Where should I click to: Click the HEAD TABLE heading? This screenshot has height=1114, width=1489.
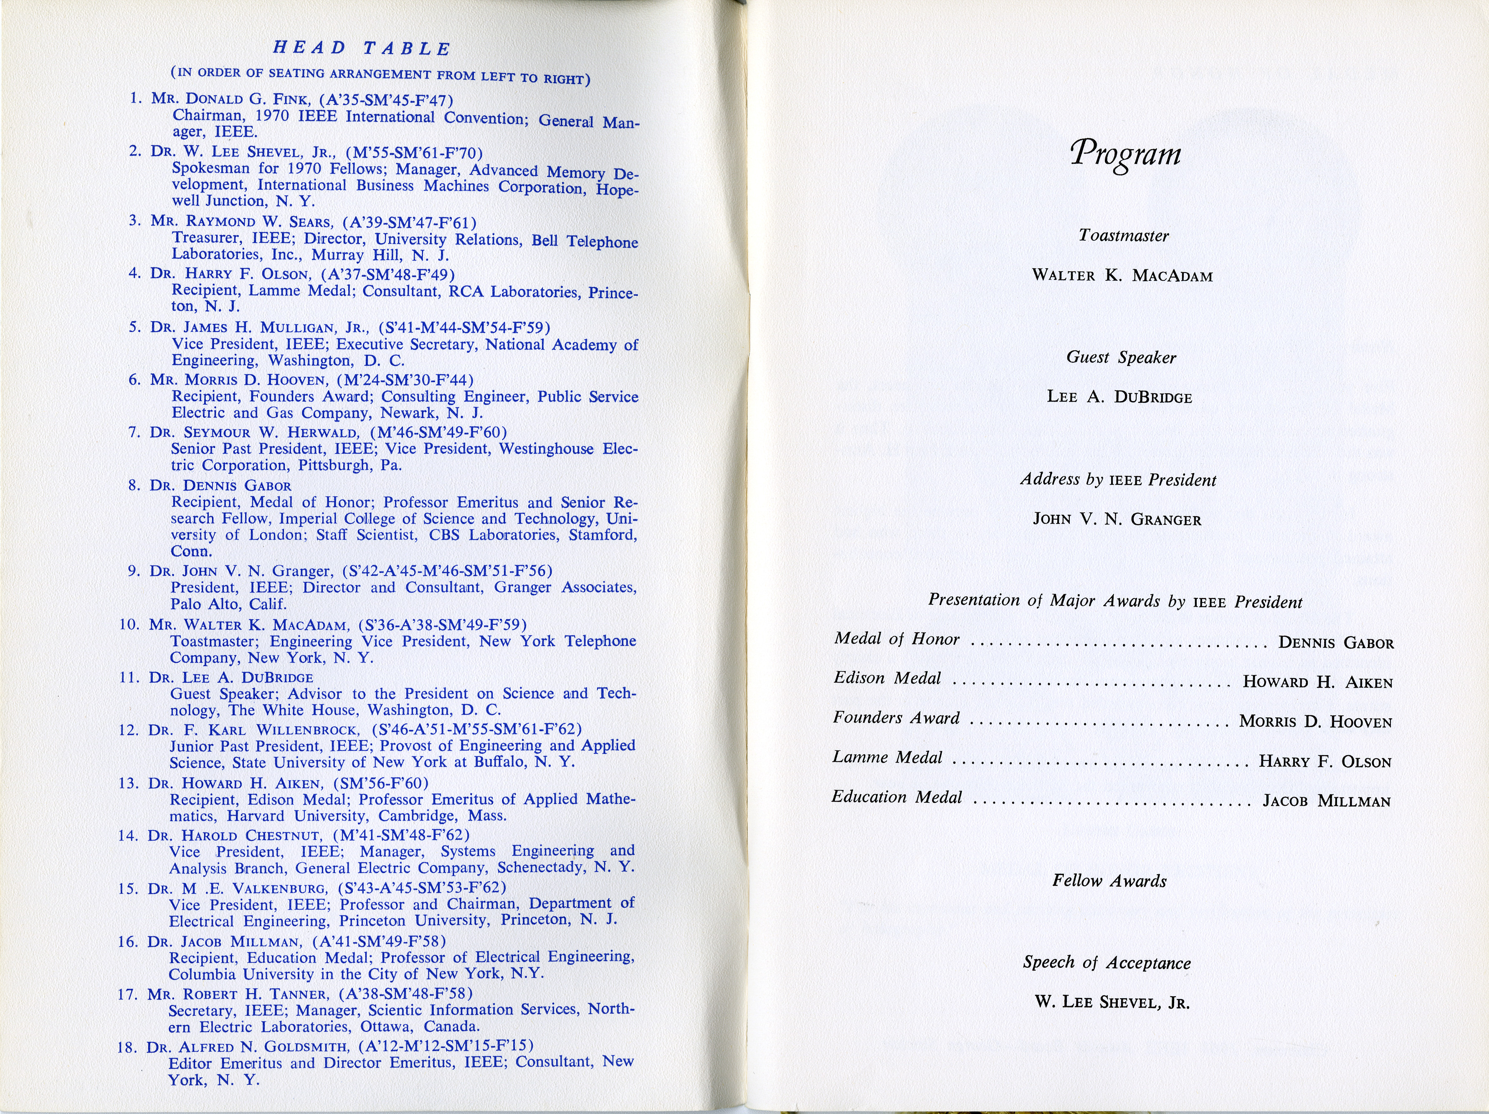[x=362, y=48]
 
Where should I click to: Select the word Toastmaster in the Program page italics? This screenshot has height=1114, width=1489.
[x=1124, y=236]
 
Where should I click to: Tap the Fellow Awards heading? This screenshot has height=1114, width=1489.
[x=1109, y=881]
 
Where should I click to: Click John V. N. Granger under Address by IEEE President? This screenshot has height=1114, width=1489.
[x=1117, y=520]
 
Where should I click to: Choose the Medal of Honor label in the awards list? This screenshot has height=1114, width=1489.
[x=896, y=638]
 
